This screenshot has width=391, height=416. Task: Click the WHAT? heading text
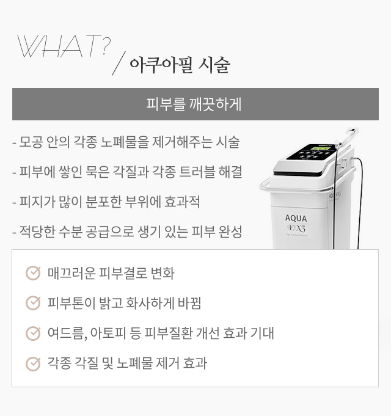pos(64,46)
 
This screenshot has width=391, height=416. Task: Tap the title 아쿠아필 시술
pos(180,65)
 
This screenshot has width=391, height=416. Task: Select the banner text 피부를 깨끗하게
pos(194,104)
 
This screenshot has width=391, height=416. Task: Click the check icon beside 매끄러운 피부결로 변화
pos(33,273)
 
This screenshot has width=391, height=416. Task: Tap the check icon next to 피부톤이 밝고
pos(33,303)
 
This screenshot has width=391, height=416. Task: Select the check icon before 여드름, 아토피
pos(33,333)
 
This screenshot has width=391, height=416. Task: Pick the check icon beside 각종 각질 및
pos(33,363)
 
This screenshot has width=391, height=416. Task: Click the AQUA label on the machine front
pos(296,218)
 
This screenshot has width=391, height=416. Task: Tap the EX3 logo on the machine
pos(296,228)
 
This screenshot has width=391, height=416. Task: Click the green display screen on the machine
pos(321,148)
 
